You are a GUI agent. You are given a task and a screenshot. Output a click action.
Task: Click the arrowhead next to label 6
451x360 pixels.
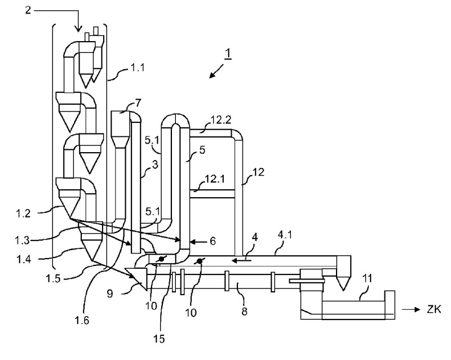tap(191, 241)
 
